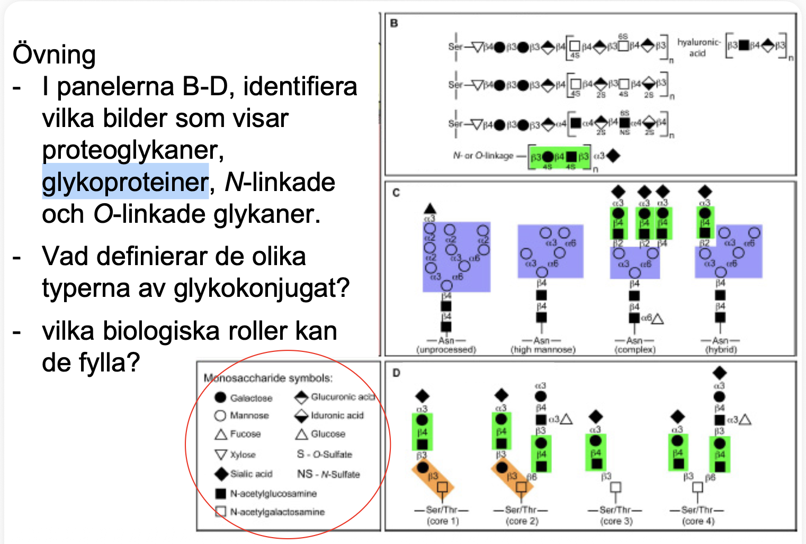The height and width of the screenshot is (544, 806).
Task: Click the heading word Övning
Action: click(x=54, y=55)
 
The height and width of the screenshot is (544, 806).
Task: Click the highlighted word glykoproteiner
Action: click(x=126, y=182)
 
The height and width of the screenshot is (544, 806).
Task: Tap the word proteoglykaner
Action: click(x=132, y=150)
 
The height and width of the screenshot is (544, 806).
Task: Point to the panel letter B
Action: click(x=394, y=23)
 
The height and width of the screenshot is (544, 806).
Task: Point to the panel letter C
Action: click(x=396, y=193)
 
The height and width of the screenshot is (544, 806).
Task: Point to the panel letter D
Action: click(x=396, y=373)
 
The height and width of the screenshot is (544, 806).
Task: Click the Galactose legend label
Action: click(x=251, y=398)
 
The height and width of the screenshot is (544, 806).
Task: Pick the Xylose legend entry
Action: click(x=243, y=455)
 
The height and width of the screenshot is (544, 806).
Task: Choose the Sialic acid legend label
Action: click(x=251, y=474)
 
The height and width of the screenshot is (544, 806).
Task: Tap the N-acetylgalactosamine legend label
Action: click(x=277, y=512)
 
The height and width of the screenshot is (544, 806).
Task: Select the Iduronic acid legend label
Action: click(x=337, y=415)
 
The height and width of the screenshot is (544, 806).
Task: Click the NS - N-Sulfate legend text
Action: click(x=328, y=474)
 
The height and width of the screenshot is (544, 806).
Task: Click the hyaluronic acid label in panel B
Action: click(x=698, y=47)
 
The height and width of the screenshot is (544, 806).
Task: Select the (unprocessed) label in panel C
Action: click(x=446, y=350)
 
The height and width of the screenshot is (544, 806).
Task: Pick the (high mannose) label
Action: click(x=542, y=350)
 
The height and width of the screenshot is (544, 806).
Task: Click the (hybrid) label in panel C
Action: click(x=721, y=350)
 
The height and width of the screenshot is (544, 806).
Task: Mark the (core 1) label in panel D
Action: click(x=442, y=521)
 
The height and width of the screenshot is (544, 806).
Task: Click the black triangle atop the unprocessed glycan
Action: click(x=430, y=208)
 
